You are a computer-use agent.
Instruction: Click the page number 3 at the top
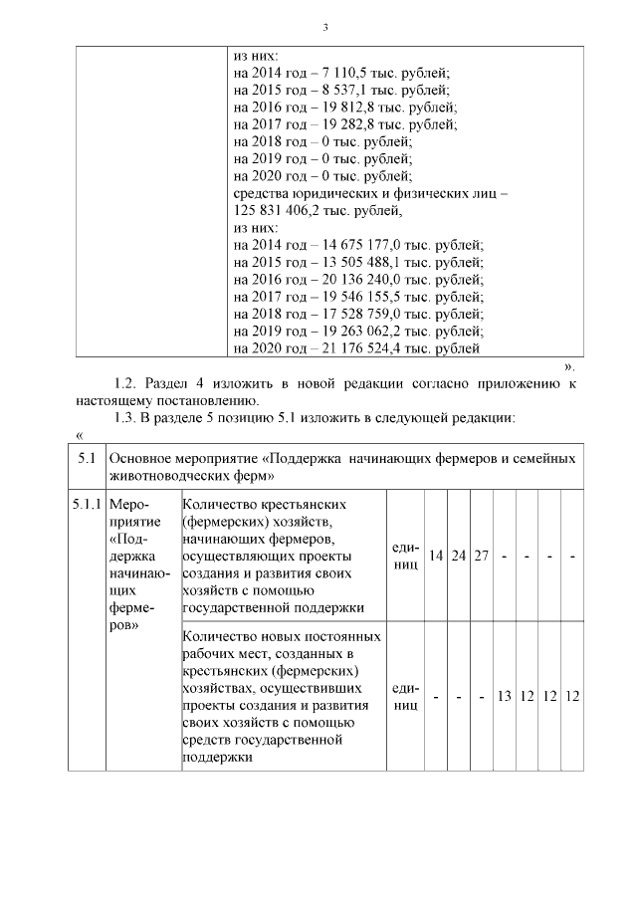point(325,26)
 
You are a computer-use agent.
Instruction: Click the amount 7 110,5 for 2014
point(342,73)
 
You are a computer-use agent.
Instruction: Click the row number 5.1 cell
point(87,459)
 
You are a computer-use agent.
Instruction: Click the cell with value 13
point(505,696)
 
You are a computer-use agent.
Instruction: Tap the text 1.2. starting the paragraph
point(126,383)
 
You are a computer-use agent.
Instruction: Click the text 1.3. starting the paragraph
point(126,417)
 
